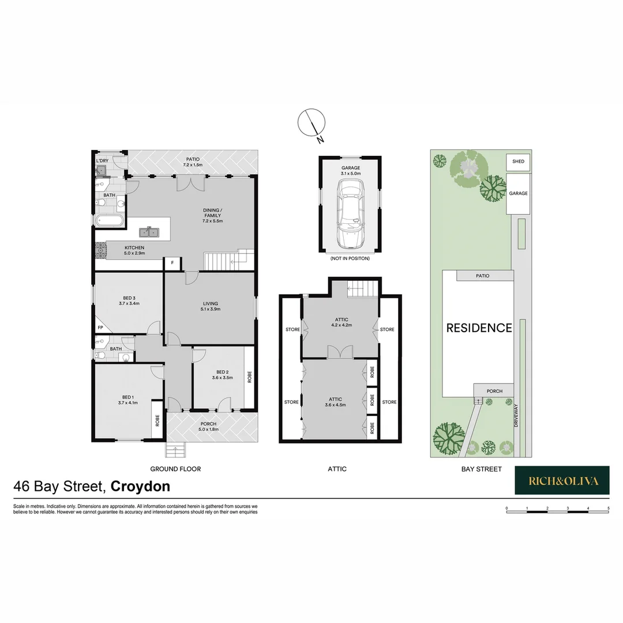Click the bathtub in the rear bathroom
pyautogui.click(x=109, y=220)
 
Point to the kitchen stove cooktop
pyautogui.click(x=99, y=251)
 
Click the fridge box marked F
pyautogui.click(x=171, y=264)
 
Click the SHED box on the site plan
pyautogui.click(x=518, y=162)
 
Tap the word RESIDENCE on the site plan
pyautogui.click(x=479, y=328)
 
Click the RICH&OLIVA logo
pyautogui.click(x=562, y=481)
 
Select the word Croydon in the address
pyautogui.click(x=140, y=486)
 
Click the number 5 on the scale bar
pyautogui.click(x=609, y=508)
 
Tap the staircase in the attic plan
pyautogui.click(x=362, y=287)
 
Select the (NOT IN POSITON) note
pyautogui.click(x=350, y=258)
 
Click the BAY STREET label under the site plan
pyautogui.click(x=481, y=469)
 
